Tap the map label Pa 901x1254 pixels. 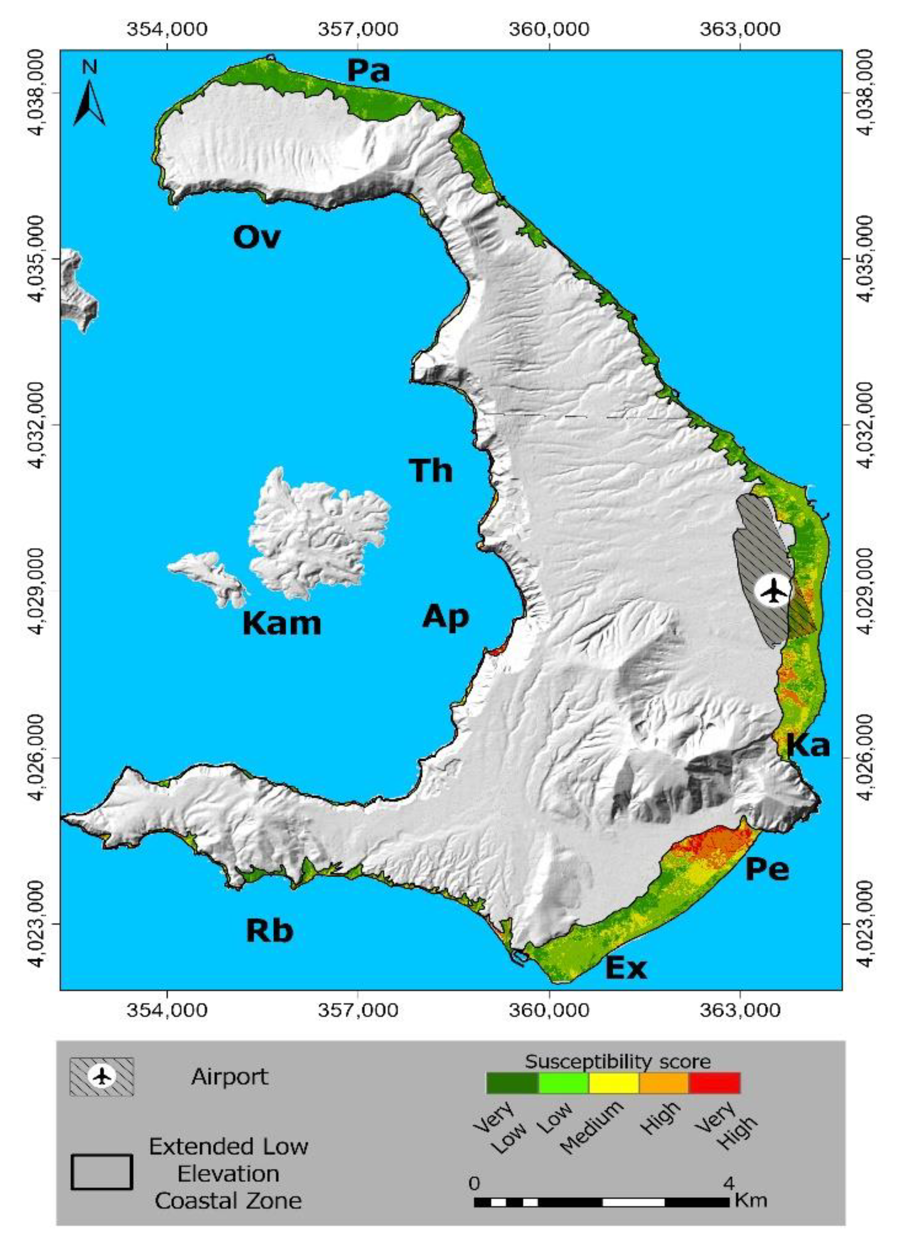368,71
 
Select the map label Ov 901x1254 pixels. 257,237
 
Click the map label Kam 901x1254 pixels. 281,624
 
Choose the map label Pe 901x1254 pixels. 767,869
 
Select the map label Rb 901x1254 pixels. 269,931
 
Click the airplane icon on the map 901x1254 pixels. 772,592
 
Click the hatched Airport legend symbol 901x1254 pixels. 102,1076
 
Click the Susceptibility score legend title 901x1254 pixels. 618,1061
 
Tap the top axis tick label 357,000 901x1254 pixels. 358,29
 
